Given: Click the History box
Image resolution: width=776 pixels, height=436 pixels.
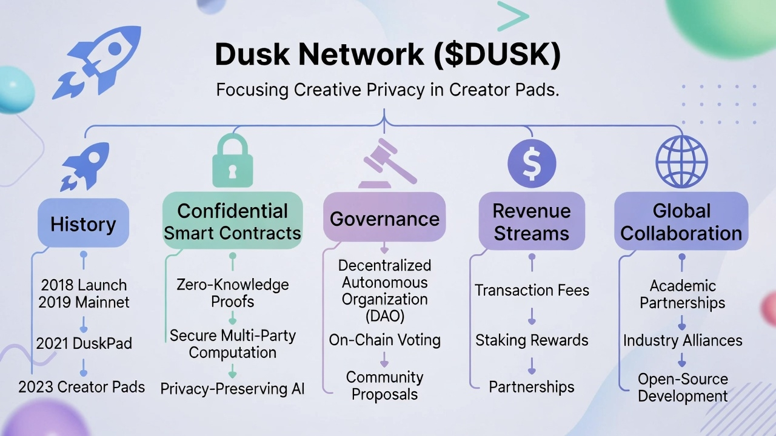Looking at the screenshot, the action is (83, 223).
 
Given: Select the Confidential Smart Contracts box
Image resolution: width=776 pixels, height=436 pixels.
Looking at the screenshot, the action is (233, 222).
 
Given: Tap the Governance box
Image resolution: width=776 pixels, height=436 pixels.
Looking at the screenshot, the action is (384, 219).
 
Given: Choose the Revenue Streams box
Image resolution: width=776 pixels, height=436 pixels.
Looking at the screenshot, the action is (532, 222).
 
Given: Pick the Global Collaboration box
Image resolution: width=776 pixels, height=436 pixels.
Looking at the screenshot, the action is (681, 222).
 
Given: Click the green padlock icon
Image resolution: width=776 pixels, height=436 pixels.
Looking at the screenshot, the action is (233, 161).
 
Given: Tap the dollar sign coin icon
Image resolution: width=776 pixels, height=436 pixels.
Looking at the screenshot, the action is (532, 163).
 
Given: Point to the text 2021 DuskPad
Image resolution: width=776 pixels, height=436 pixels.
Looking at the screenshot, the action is (84, 344).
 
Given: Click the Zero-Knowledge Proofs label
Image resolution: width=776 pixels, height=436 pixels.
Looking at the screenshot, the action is (233, 292).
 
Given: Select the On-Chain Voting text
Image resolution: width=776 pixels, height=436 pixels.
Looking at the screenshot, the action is (384, 340).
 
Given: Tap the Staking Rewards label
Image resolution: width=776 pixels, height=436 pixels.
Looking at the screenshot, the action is (532, 340).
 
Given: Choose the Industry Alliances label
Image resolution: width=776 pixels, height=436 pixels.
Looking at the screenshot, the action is (683, 340).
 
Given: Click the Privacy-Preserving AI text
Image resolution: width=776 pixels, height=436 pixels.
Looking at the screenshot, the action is (233, 389).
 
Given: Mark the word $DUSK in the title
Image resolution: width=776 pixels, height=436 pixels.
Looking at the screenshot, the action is (497, 54).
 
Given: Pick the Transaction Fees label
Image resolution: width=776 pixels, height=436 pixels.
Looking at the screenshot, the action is (532, 291).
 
